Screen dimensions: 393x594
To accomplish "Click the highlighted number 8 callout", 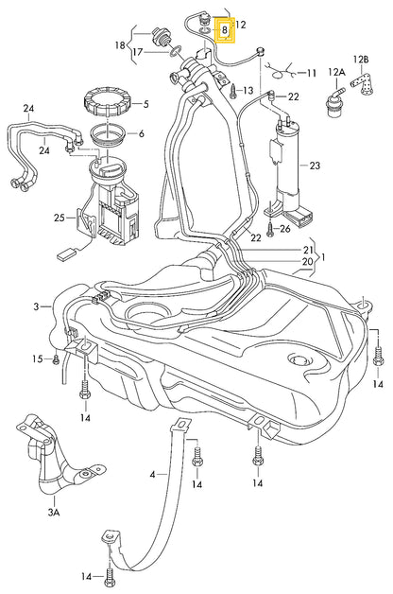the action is coord(224,29).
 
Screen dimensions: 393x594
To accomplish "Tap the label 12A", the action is coord(336,72).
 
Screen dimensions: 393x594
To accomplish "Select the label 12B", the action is coord(361,60).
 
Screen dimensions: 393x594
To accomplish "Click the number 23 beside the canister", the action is coord(315,166).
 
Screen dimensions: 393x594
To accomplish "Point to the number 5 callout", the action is coord(146,104).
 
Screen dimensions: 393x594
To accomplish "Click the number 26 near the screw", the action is coord(285,229).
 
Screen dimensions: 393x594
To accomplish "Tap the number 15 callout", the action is coord(38,358).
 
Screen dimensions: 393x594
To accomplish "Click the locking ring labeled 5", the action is coord(109,102).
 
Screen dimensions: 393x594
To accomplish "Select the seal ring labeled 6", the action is coord(109,135).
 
